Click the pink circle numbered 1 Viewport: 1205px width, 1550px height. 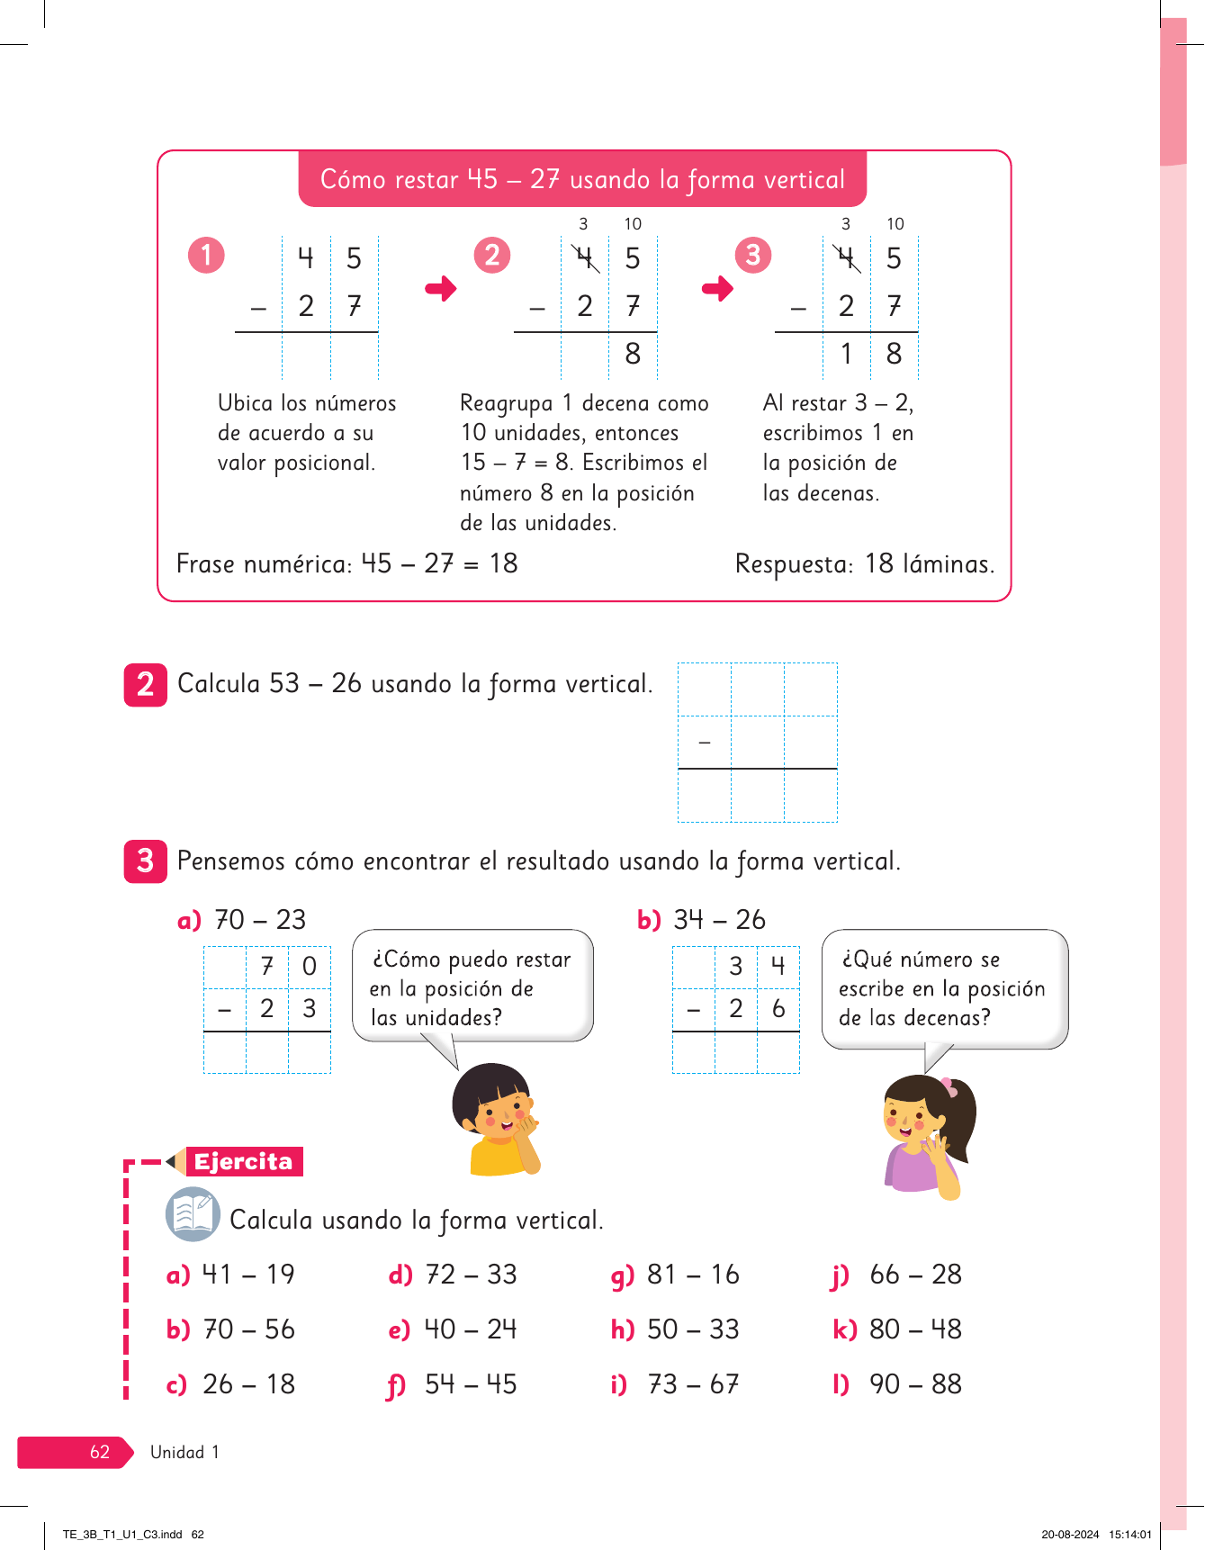(x=206, y=255)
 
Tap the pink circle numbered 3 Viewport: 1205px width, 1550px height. (x=753, y=255)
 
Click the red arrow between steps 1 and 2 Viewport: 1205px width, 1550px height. (x=441, y=289)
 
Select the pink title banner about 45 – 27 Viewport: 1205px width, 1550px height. (x=582, y=179)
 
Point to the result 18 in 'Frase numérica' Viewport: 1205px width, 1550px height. (x=504, y=563)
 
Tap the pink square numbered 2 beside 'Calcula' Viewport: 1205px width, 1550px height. (x=145, y=685)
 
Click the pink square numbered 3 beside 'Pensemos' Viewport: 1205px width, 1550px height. (x=145, y=861)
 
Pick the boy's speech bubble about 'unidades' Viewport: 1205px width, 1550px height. (x=472, y=987)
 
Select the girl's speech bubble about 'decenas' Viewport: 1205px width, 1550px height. (x=944, y=988)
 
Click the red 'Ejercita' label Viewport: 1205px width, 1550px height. (x=244, y=1162)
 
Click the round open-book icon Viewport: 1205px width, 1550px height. (x=193, y=1214)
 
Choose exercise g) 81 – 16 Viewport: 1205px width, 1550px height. (x=675, y=1275)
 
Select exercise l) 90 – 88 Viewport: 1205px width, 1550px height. (x=897, y=1384)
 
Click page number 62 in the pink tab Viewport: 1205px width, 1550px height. (x=99, y=1452)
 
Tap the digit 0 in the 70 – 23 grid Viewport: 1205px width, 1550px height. (x=310, y=967)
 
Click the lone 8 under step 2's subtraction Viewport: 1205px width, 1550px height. (x=633, y=354)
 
